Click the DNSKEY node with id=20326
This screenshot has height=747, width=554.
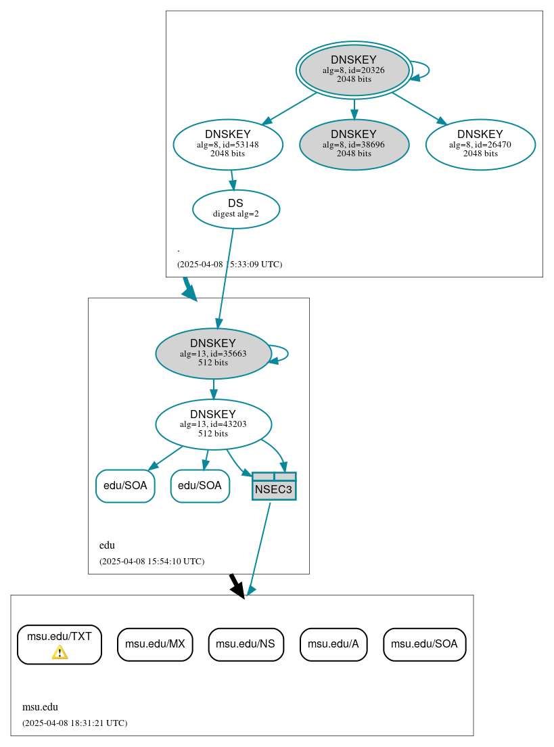pyautogui.click(x=354, y=70)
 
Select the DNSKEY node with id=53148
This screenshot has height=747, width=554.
pyautogui.click(x=227, y=144)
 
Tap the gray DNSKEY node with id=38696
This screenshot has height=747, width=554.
pyautogui.click(x=354, y=144)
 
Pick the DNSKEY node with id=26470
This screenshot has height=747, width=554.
pyautogui.click(x=480, y=144)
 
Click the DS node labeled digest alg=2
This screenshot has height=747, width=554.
pyautogui.click(x=235, y=209)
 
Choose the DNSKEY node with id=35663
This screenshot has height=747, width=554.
pyautogui.click(x=213, y=353)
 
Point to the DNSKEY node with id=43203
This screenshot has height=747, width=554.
pyautogui.click(x=213, y=424)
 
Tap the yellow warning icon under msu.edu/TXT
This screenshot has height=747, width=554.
pyautogui.click(x=60, y=652)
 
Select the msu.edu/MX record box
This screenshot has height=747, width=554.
pyautogui.click(x=155, y=644)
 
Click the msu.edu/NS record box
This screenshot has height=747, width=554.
pyautogui.click(x=246, y=644)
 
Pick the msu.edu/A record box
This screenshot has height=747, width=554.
pyautogui.click(x=333, y=644)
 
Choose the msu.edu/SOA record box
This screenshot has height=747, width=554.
pyautogui.click(x=424, y=644)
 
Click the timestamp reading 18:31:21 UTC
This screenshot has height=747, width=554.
pyautogui.click(x=74, y=723)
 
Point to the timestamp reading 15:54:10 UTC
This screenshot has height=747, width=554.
pyautogui.click(x=152, y=562)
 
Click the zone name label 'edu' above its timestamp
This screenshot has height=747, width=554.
pyautogui.click(x=107, y=545)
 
